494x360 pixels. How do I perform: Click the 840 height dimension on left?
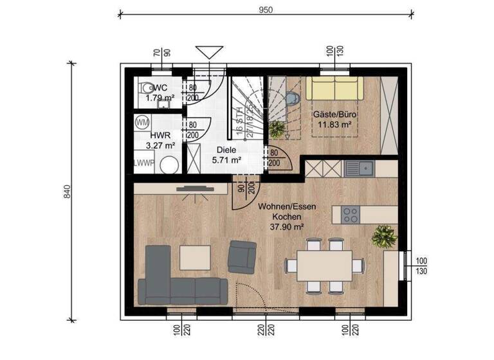66,191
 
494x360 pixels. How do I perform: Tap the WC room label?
161,87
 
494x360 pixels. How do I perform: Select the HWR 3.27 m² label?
160,140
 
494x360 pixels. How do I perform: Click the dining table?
324,265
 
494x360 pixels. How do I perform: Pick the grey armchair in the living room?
242,255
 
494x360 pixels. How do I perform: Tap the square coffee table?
194,258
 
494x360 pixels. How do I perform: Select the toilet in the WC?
147,88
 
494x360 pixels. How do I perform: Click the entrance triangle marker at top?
210,51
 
